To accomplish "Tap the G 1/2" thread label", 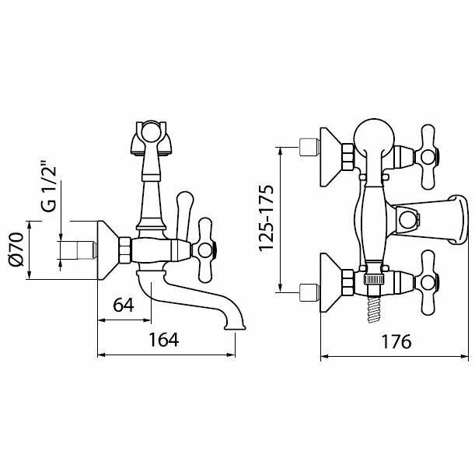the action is pos(49,187).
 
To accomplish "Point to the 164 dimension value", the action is pos(164,340).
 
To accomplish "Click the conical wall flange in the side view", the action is pos(108,250).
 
